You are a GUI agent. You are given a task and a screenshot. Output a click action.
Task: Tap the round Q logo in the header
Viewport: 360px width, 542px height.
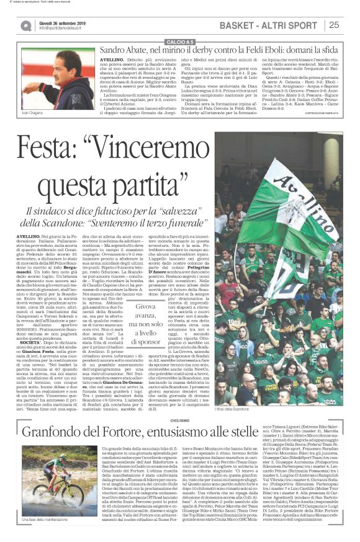click(26, 25)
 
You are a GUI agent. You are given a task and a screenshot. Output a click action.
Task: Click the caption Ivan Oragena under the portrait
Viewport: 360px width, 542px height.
click(32, 114)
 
